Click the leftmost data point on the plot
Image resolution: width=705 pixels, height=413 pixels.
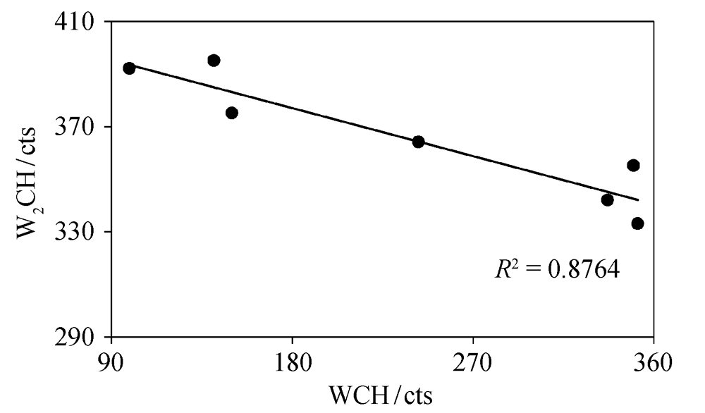pos(129,68)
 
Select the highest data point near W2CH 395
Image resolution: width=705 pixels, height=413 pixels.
pos(214,61)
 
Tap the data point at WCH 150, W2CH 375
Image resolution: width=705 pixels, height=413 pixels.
pos(232,113)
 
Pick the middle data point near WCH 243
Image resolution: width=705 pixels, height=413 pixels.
pos(418,142)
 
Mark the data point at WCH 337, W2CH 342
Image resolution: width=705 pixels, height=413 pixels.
pos(607,200)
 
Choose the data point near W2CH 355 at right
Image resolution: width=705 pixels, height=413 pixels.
pos(633,166)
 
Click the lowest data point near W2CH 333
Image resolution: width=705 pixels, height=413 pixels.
pos(638,223)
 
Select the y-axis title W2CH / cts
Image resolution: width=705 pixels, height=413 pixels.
pos(28,180)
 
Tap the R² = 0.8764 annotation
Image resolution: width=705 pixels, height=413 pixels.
pos(556,269)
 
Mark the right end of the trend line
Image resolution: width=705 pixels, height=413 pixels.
pos(638,200)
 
